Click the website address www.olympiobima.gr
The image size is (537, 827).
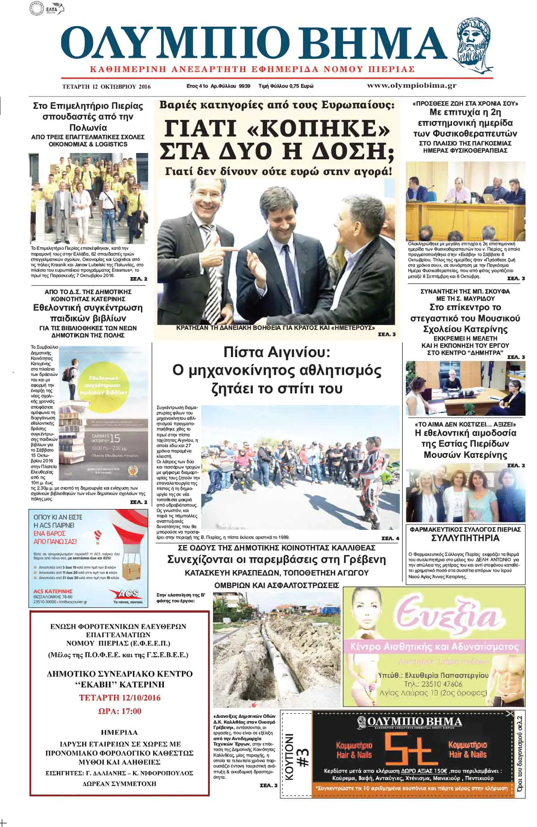[411, 85]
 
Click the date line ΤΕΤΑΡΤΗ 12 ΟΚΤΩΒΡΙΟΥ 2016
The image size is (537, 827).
[107, 86]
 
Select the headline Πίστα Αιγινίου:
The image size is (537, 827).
[277, 353]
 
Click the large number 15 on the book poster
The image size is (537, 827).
[115, 439]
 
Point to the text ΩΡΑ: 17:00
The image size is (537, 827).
[119, 711]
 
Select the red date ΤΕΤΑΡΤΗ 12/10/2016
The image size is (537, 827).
[119, 698]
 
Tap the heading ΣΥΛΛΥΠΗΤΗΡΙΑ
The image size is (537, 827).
[465, 538]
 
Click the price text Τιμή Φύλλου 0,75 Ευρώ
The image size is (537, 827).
[286, 86]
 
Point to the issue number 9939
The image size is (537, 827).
[245, 86]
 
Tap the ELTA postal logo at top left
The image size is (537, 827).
[54, 9]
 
